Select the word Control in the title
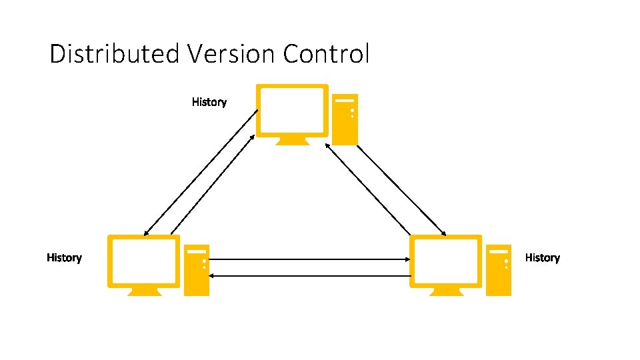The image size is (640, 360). coord(326,54)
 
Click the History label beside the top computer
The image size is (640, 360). coord(209,102)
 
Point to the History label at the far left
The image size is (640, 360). coord(64,257)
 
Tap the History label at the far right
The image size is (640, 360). coord(543,257)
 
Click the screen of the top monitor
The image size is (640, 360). coord(293,110)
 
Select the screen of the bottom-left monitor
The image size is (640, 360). coord(144,261)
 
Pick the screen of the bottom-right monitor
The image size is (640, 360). coord(445,261)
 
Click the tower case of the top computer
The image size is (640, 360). coord(345,119)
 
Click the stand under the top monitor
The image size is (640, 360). coord(293,141)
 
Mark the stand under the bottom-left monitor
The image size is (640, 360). coord(144,291)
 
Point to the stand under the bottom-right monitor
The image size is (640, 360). coord(445,291)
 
